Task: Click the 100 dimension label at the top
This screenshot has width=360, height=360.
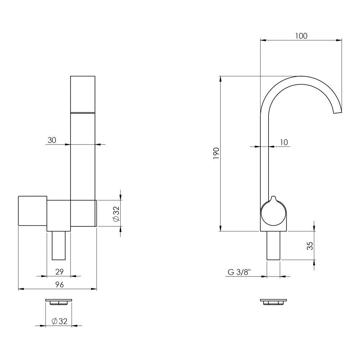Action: (301, 36)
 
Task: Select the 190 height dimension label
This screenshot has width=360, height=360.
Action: (216, 153)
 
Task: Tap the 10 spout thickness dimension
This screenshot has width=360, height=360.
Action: (284, 142)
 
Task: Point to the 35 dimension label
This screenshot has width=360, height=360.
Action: (310, 246)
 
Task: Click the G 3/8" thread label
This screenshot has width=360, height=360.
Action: (239, 272)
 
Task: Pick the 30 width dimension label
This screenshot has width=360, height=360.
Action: (51, 140)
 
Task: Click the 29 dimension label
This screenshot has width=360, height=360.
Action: (59, 272)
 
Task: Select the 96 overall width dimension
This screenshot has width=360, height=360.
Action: (59, 285)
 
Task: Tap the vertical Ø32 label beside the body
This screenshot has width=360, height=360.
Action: (116, 213)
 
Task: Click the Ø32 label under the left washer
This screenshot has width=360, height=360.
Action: (59, 321)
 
